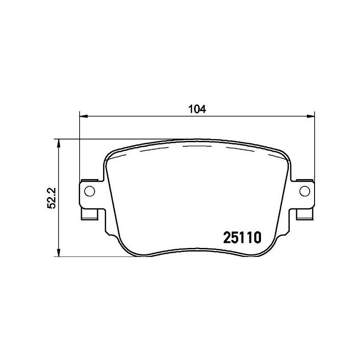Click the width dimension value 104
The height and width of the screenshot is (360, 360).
point(197,109)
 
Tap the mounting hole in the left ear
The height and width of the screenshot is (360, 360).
point(89,191)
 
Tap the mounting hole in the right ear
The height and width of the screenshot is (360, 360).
point(305,191)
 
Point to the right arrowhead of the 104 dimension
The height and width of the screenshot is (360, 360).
point(311,117)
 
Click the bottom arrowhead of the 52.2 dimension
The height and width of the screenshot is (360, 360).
point(58,253)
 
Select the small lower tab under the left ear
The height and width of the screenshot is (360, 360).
point(90,216)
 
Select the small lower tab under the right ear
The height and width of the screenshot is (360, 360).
point(304,216)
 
